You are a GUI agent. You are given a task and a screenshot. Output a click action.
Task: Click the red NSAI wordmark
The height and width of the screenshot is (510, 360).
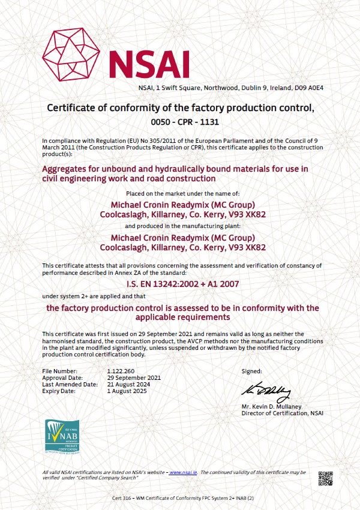148,63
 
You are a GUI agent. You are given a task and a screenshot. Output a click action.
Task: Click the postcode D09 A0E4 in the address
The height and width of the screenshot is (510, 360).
309,88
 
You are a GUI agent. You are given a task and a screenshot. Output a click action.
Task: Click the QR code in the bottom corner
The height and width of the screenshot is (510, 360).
325,479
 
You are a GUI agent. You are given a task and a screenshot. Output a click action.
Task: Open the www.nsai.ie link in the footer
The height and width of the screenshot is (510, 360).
184,473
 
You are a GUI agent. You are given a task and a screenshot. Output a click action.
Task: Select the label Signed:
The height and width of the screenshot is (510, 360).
252,372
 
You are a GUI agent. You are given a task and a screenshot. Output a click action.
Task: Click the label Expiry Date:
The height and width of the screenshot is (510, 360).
59,391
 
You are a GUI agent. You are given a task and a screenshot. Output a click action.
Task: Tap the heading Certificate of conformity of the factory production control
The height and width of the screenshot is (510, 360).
180,108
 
